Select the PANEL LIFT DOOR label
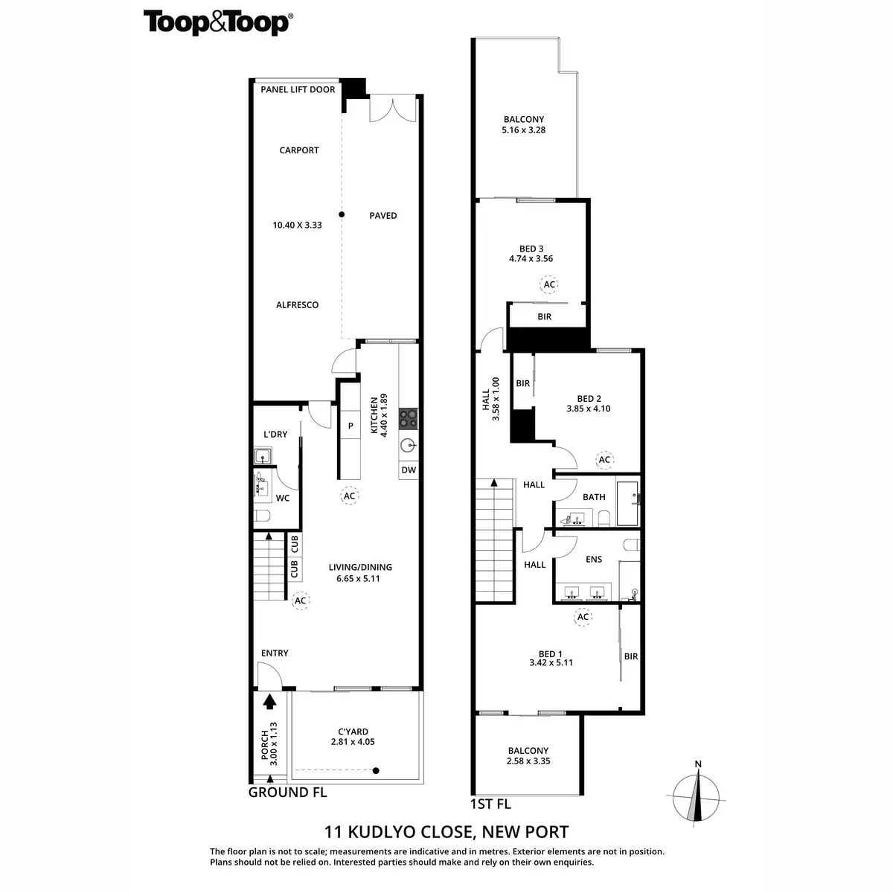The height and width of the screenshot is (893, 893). pos(298,90)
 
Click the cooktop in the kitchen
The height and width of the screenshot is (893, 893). pos(408,418)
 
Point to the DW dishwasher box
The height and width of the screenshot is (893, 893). pos(408,470)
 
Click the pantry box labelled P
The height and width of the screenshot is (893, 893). pos(350,426)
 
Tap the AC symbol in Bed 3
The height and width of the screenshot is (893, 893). pos(549,284)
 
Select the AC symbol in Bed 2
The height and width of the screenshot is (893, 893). pos(604,460)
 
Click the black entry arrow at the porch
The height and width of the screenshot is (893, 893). pos(269,700)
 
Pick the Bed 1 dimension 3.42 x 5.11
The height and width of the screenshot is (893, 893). pos(551,662)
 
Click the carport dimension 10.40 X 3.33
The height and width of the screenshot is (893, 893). pos(296,225)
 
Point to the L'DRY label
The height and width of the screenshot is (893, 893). pos(275,435)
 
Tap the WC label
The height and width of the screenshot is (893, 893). pos(283,498)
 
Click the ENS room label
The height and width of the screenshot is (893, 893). pos(594,560)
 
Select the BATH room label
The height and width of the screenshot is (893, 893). pos(594,497)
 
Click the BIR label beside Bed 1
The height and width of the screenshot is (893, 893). pos(631,656)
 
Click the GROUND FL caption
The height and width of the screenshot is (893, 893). pos(287,793)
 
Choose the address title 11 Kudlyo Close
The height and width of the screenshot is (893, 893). pos(446,832)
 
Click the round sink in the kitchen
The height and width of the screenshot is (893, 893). pos(408,446)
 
